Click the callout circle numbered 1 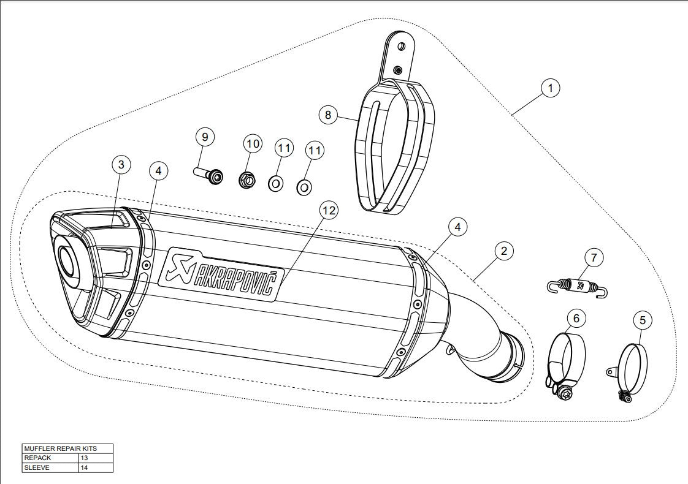pyautogui.click(x=550, y=88)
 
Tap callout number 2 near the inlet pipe pyautogui.click(x=503, y=250)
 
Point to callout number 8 pyautogui.click(x=328, y=114)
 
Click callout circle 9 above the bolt pyautogui.click(x=205, y=137)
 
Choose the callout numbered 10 pyautogui.click(x=251, y=144)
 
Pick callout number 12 pyautogui.click(x=329, y=210)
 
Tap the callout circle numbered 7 pyautogui.click(x=593, y=258)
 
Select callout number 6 pyautogui.click(x=576, y=318)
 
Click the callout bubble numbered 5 pyautogui.click(x=641, y=319)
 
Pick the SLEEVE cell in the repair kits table pyautogui.click(x=50, y=467)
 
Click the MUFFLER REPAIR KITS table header pyautogui.click(x=67, y=448)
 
